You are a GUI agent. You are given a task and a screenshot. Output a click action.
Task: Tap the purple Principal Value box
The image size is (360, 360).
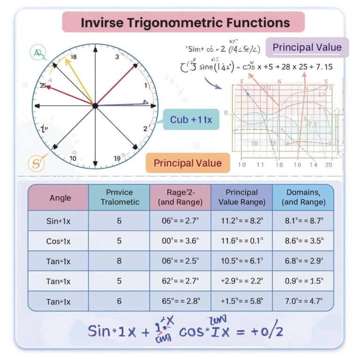(307, 47)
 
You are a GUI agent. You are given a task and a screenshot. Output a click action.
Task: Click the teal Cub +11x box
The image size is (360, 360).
(191, 120)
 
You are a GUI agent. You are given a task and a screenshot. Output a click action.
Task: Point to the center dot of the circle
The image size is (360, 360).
(95, 106)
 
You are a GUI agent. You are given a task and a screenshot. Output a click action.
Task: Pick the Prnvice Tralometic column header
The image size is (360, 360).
(119, 197)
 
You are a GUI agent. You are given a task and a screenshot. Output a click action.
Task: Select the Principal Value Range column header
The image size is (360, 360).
(241, 197)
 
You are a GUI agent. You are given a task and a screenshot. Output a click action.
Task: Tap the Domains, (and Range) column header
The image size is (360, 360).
(303, 197)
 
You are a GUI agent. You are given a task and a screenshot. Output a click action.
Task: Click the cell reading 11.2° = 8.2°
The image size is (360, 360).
(241, 221)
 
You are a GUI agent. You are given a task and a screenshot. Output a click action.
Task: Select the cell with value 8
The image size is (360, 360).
(119, 261)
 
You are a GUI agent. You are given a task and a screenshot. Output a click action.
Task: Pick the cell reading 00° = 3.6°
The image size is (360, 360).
(180, 241)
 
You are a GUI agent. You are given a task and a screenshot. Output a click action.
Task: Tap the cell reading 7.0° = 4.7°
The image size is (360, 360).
(303, 301)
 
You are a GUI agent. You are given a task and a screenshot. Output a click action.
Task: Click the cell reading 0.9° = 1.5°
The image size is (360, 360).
(303, 281)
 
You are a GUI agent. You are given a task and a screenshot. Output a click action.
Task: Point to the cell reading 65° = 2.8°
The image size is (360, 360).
(180, 301)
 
